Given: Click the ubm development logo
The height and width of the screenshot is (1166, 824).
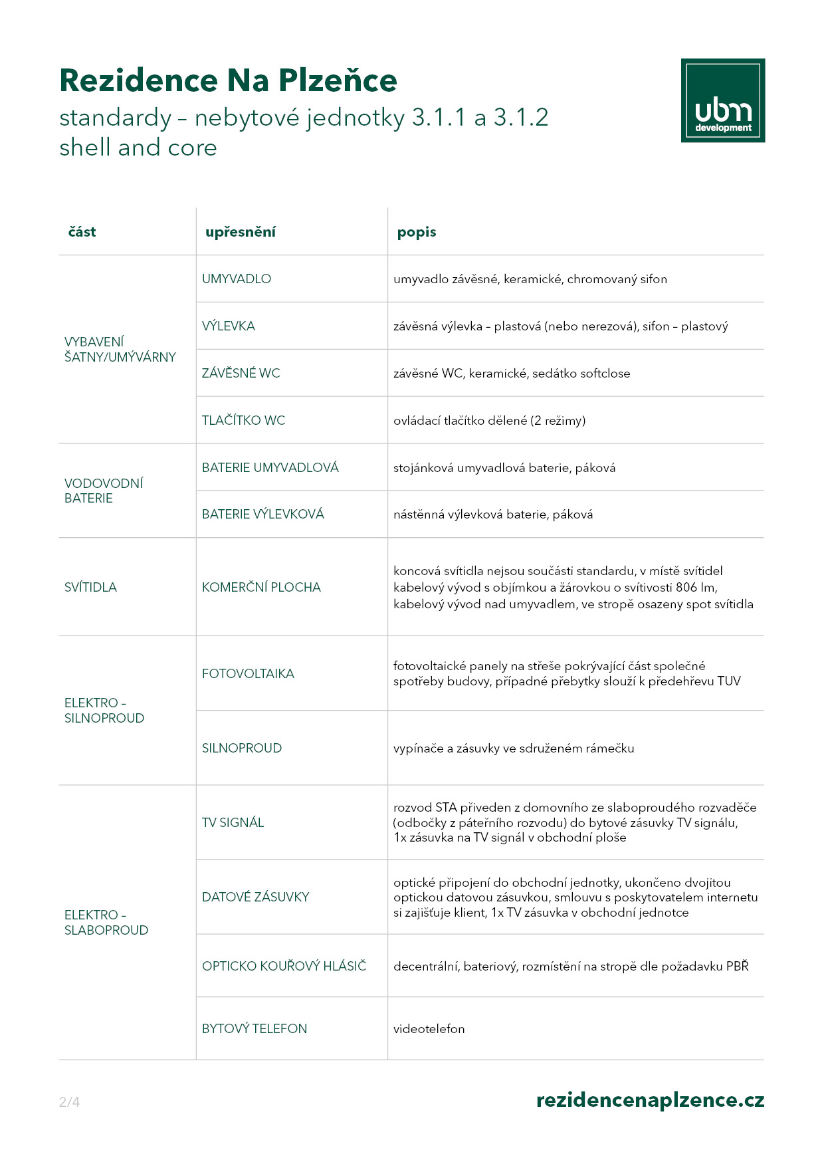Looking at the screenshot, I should (x=722, y=100).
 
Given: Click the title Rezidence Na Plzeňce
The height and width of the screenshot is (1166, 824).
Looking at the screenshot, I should (x=228, y=80).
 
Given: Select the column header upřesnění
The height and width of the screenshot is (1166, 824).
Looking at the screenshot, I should (x=240, y=232).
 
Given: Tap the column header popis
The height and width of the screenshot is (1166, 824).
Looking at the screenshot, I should (x=417, y=232).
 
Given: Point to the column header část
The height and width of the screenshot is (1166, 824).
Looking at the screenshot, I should (x=82, y=232).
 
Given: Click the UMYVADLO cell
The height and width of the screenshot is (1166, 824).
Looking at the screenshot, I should (x=237, y=279).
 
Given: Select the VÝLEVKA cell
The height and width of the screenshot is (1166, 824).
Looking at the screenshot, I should (x=229, y=326).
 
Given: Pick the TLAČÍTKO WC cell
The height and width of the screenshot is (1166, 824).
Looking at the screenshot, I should (x=243, y=421).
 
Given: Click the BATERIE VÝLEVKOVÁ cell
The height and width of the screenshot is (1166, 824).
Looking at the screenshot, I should (x=263, y=515).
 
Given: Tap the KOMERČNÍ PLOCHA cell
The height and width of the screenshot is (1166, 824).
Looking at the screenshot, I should (x=261, y=588).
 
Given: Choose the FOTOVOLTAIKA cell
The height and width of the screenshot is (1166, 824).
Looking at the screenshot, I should (x=248, y=674).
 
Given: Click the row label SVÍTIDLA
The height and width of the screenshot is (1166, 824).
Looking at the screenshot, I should (x=90, y=588).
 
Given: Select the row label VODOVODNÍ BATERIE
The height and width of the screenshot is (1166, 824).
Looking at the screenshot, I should (x=103, y=491).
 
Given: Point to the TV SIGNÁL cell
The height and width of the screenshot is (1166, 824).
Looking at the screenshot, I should (x=233, y=823).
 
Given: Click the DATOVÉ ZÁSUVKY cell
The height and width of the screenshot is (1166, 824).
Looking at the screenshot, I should (x=255, y=897).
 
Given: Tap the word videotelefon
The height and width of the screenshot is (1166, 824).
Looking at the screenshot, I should (x=429, y=1029).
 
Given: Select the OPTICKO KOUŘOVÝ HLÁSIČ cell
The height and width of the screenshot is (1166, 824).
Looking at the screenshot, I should (x=284, y=967).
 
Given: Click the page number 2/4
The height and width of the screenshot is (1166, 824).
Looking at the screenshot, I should (x=69, y=1102).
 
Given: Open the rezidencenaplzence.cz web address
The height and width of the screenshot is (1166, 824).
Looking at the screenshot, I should (x=650, y=1101).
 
